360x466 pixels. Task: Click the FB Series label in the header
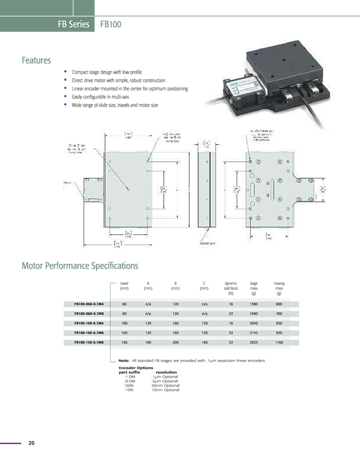pyautogui.click(x=74, y=24)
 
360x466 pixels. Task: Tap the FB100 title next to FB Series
pyautogui.click(x=110, y=24)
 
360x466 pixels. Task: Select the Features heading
pyautogui.click(x=37, y=61)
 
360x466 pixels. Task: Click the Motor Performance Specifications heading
pyautogui.click(x=80, y=265)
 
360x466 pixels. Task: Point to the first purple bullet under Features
pyautogui.click(x=65, y=72)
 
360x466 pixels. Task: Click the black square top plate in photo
pyautogui.click(x=282, y=62)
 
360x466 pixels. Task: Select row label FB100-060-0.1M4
pyautogui.click(x=87, y=304)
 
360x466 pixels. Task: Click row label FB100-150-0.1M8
pyautogui.click(x=87, y=342)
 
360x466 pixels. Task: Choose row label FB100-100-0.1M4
pyautogui.click(x=87, y=323)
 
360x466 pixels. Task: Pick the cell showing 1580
pyautogui.click(x=254, y=304)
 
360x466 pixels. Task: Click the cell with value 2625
pyautogui.click(x=254, y=342)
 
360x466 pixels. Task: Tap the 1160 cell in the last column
pyautogui.click(x=279, y=342)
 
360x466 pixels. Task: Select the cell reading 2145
pyautogui.click(x=254, y=333)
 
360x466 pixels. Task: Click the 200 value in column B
pyautogui.click(x=176, y=342)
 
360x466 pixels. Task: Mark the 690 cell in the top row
pyautogui.click(x=279, y=304)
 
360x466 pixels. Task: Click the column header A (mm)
pyautogui.click(x=148, y=286)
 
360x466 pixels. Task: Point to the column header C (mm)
pyautogui.click(x=204, y=286)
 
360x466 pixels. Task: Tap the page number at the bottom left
pyautogui.click(x=32, y=443)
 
